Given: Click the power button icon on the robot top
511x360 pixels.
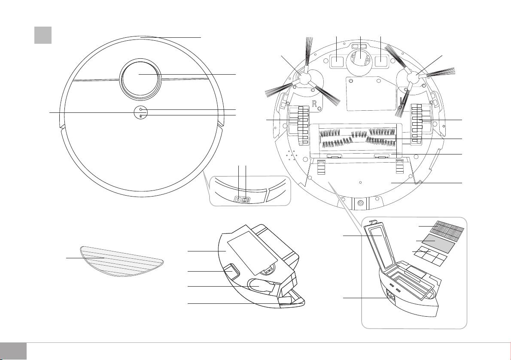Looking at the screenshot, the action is pos(140,109).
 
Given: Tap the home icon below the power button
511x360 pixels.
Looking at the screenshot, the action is pos(140,116).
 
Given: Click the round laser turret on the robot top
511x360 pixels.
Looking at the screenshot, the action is pos(140,79).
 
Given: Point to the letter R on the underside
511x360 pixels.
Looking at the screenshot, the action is pos(314,104).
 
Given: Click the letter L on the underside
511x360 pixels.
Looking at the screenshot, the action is pos(402,101).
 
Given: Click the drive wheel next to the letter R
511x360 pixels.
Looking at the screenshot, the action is pos(303,125).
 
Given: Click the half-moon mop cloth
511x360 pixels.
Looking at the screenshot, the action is pos(122,261).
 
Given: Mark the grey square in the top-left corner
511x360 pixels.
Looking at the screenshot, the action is pos(43,35).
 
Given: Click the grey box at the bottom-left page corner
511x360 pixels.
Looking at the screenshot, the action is pos(13,351).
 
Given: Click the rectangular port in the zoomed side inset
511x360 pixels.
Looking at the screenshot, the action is pos(246,200).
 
